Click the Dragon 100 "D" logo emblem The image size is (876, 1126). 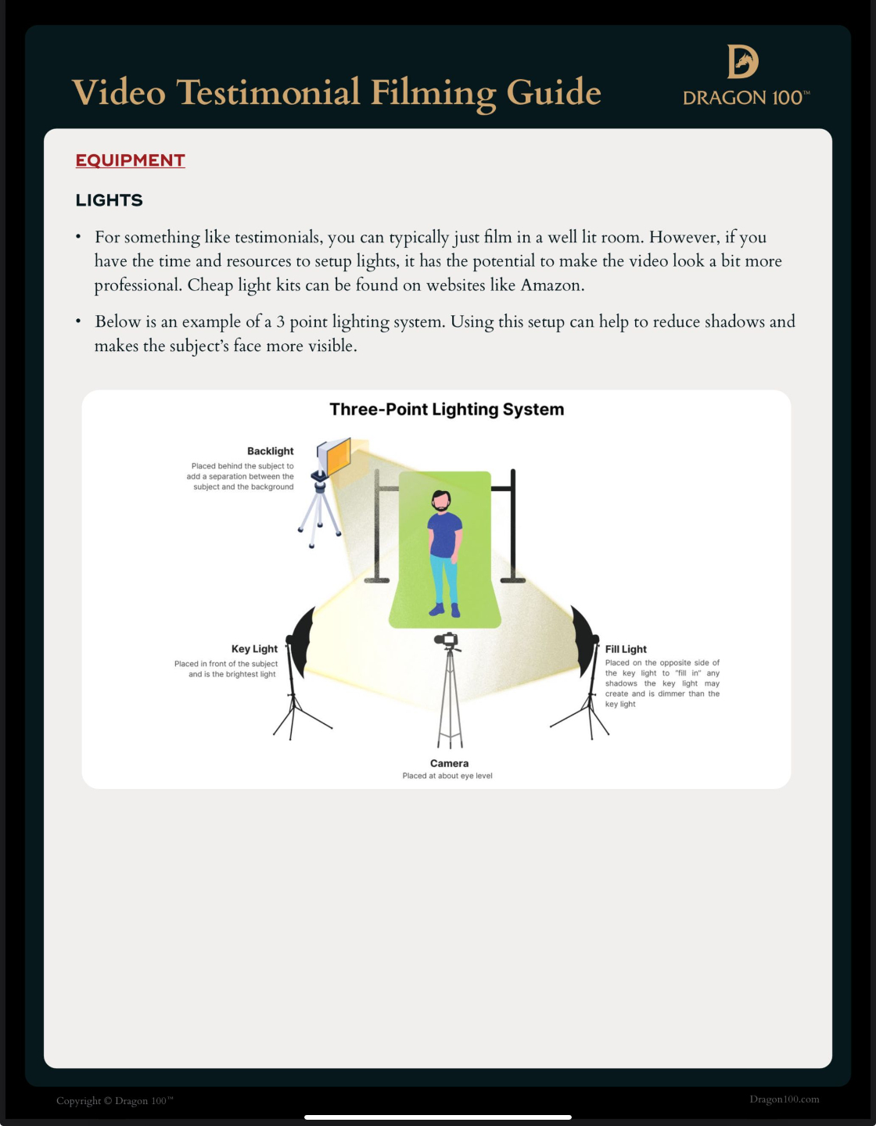(742, 61)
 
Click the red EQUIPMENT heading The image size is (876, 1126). (130, 160)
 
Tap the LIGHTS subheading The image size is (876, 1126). (109, 200)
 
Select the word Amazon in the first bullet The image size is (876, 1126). (551, 285)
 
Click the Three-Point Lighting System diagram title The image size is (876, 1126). (447, 410)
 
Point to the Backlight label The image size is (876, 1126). (270, 451)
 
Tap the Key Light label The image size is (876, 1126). (254, 649)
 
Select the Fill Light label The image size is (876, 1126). (626, 649)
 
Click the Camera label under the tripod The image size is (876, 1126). (449, 763)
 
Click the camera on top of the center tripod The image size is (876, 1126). (447, 640)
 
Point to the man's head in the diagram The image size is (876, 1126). (442, 500)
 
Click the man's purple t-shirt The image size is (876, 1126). (444, 533)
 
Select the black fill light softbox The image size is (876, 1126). (583, 640)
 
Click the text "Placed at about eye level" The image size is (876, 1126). (447, 776)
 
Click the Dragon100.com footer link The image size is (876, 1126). (784, 1099)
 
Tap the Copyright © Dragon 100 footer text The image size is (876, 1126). (114, 1101)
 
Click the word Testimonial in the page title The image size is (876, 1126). (268, 92)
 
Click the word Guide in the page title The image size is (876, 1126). (554, 92)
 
